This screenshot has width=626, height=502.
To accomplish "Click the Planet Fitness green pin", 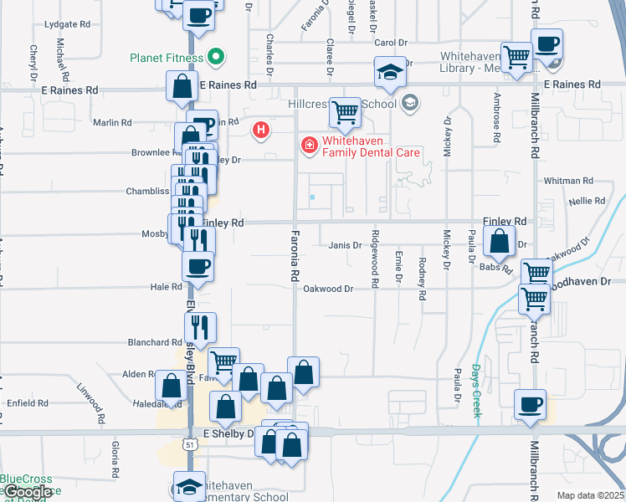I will click(x=216, y=58).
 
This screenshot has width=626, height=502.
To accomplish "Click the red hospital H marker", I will click(x=261, y=130).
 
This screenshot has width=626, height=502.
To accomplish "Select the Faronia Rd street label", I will click(x=295, y=255).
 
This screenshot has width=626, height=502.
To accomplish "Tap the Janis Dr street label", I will click(x=345, y=245).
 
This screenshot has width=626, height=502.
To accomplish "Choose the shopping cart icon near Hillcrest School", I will click(x=345, y=111).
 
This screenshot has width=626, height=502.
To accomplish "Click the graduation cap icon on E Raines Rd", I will click(x=390, y=72).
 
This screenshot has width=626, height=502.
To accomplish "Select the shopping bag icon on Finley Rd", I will click(x=499, y=242).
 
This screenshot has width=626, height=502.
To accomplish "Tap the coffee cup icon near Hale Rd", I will click(x=198, y=266).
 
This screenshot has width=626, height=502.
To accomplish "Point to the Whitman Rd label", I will click(x=568, y=181).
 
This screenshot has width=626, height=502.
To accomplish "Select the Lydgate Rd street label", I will click(x=66, y=25).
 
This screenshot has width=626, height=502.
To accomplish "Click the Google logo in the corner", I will click(x=27, y=493).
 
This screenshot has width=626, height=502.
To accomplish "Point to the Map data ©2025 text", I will click(x=591, y=496).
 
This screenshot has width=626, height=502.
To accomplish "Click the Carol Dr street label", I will click(x=390, y=43).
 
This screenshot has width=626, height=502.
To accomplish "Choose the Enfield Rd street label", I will click(x=28, y=403).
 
